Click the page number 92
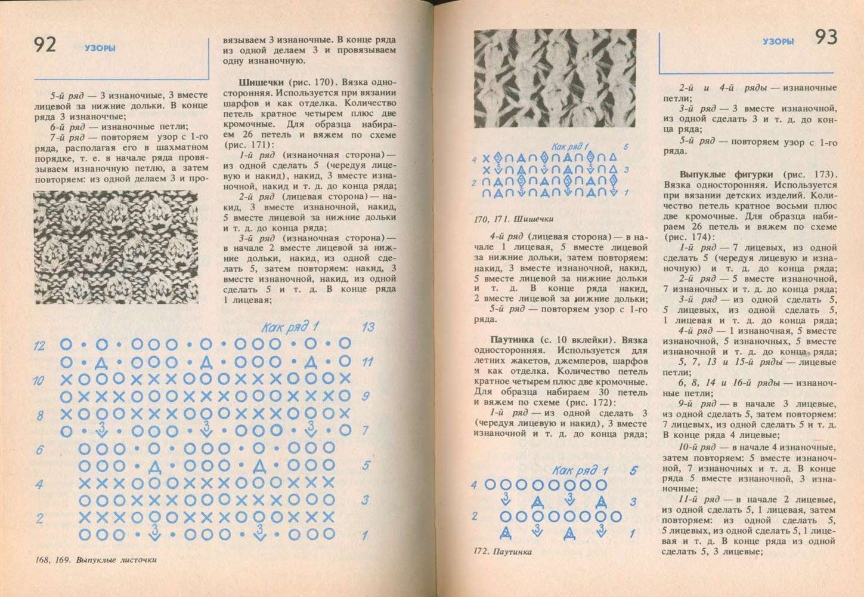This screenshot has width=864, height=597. click(45, 45)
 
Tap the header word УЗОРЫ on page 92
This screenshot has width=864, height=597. click(100, 48)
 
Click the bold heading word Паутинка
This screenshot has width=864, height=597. click(514, 339)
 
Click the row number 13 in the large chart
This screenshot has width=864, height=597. click(368, 327)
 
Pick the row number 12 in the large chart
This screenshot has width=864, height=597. click(39, 345)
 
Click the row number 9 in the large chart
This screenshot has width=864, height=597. click(366, 395)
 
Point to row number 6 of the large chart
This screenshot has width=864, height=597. click(39, 449)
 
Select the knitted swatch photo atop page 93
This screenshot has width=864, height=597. click(556, 79)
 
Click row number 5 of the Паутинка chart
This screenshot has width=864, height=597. click(634, 471)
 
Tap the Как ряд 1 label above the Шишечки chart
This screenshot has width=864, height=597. click(569, 146)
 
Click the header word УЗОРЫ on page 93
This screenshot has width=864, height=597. click(778, 42)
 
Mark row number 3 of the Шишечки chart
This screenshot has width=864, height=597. click(627, 170)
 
